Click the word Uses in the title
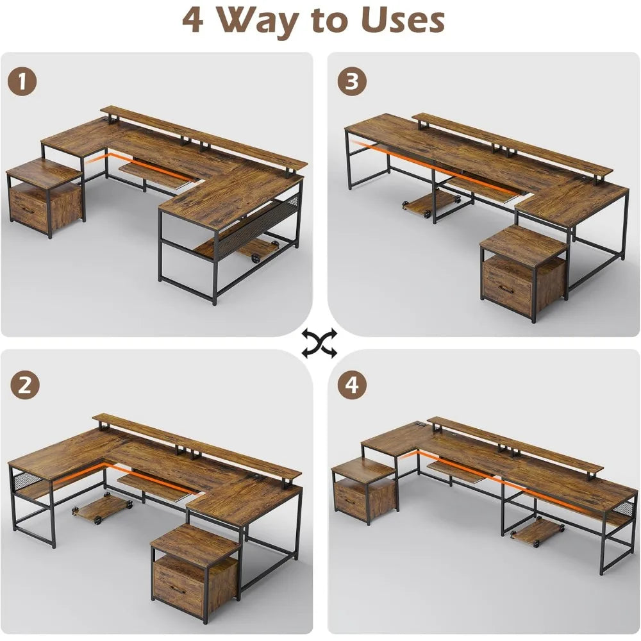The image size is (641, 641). pyautogui.click(x=402, y=21)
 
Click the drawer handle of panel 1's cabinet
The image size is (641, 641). pyautogui.click(x=26, y=209)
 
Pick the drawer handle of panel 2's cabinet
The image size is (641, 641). pyautogui.click(x=178, y=589)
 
